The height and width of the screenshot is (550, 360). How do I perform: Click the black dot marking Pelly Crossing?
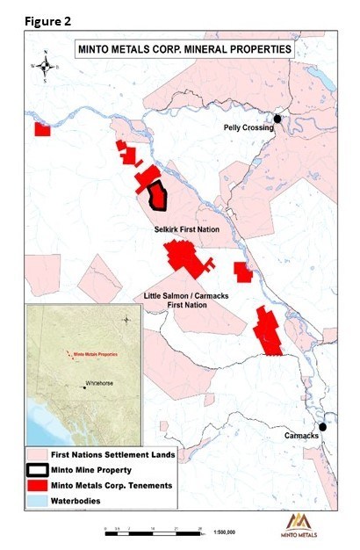277,119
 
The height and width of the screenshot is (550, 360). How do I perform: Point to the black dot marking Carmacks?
322,426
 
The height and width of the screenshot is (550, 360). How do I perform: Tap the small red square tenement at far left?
41,129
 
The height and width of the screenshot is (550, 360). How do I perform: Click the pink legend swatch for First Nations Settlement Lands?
40,455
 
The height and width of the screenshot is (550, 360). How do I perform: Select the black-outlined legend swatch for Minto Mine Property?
40,471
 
